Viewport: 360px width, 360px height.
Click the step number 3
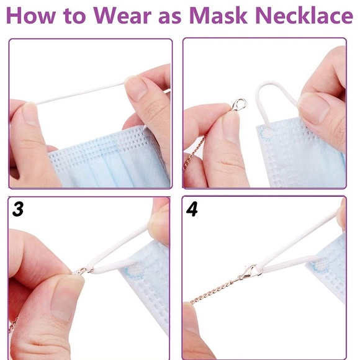[18, 209]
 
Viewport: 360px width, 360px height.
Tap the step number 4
[192, 209]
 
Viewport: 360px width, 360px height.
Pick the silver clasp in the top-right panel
[238, 104]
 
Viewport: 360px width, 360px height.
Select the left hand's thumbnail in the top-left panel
[29, 114]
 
